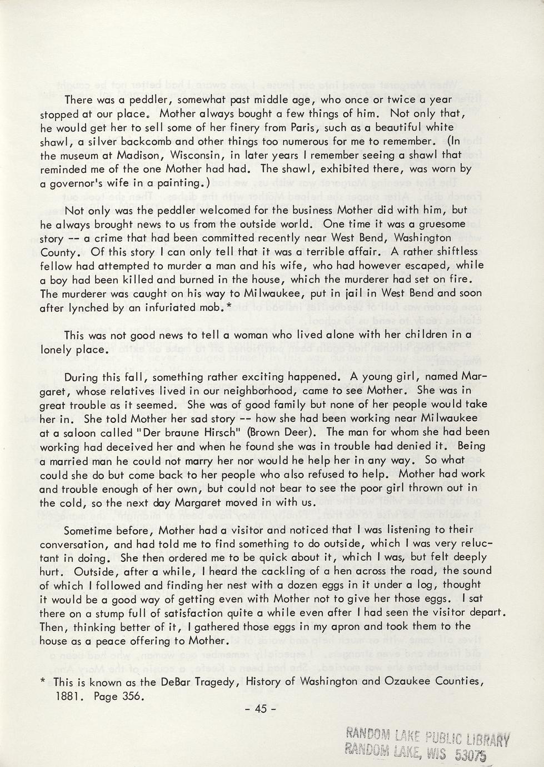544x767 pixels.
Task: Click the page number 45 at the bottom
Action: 261,708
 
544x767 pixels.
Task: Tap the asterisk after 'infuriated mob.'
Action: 229,306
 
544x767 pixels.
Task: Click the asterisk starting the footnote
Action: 43,682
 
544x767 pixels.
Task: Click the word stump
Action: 115,612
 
